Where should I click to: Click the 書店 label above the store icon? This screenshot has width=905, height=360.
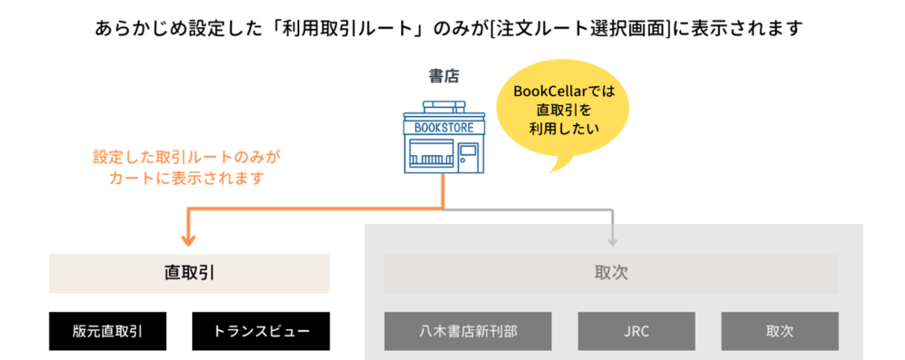(443, 76)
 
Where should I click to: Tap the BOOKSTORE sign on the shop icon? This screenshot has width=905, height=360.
(443, 128)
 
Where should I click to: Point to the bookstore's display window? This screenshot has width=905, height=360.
(429, 159)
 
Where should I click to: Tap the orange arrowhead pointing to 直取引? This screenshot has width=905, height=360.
(189, 239)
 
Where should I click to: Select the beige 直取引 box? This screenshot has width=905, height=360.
(189, 273)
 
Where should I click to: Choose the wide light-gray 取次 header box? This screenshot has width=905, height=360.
(613, 273)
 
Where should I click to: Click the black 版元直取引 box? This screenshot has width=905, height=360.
(108, 332)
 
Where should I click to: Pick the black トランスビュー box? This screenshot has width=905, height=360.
(261, 332)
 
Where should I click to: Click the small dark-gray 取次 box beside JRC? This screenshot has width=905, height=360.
(779, 332)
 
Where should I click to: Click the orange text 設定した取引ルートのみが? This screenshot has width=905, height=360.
(187, 157)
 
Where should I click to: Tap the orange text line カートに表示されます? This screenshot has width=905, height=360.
(187, 178)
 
